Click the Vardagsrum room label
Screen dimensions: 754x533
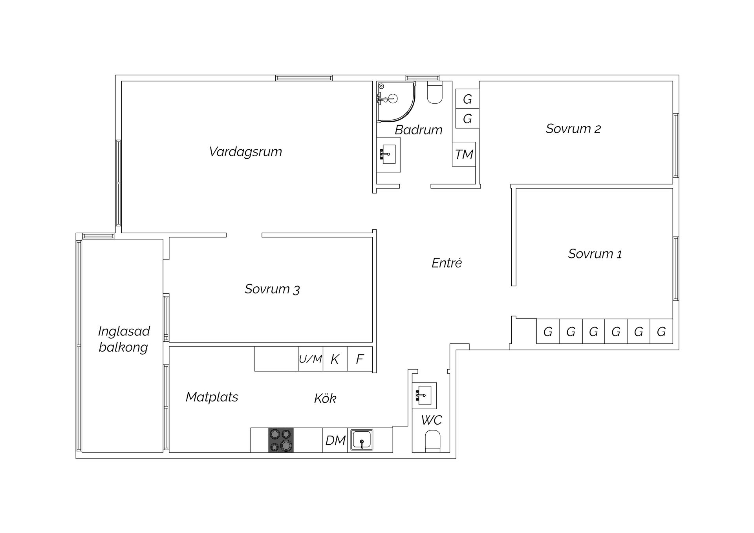tap(245, 152)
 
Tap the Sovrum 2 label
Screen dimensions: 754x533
tap(573, 129)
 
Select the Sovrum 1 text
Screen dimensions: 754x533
tap(595, 254)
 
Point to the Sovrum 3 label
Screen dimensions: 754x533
tap(272, 289)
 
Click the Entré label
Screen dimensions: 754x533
tap(447, 263)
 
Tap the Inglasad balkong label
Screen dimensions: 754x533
tap(124, 339)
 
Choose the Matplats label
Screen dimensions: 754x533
tap(212, 397)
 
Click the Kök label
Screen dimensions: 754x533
tap(325, 398)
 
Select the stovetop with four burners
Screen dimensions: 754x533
tap(281, 440)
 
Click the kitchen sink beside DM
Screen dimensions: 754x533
tap(362, 440)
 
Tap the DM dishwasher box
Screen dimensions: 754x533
tap(335, 440)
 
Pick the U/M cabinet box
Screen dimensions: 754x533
tap(311, 359)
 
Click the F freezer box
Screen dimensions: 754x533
tap(360, 359)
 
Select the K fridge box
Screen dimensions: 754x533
tap(335, 359)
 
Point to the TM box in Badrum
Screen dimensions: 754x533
tap(464, 154)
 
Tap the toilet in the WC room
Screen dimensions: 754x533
tap(433, 441)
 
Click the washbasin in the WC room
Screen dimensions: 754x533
tap(424, 394)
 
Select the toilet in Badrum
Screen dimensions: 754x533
tap(435, 92)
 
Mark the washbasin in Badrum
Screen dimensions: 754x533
tap(388, 154)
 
